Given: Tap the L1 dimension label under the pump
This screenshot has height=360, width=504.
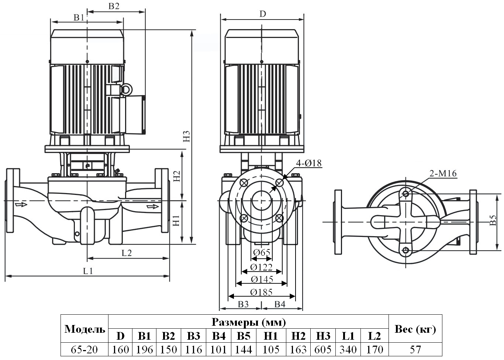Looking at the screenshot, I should tap(88, 271).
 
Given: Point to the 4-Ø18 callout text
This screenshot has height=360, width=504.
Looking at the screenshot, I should tap(309, 163).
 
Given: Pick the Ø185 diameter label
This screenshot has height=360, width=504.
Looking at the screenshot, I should tap(261, 293).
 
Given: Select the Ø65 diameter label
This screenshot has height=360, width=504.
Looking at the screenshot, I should tap(262, 252).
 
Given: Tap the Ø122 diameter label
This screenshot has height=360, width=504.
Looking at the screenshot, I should tap(261, 267).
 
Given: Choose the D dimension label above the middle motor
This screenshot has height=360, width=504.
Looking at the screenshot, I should tap(262, 14).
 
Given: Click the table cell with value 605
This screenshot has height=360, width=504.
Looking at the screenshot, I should tap(323, 349).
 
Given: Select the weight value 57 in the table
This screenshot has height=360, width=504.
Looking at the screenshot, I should tap(415, 349).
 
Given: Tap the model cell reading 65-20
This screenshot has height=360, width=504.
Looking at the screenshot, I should tap(84, 349).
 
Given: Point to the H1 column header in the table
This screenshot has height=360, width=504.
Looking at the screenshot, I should tap(271, 336).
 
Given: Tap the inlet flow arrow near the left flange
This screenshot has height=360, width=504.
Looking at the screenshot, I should tap(21, 204).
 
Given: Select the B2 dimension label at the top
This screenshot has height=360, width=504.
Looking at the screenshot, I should tap(114, 6).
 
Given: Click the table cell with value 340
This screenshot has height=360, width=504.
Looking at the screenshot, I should tap(348, 349).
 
